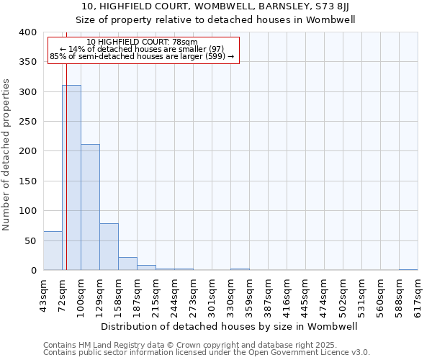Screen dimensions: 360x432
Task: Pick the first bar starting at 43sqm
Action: [x=53, y=251]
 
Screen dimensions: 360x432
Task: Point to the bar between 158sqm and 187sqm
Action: [x=127, y=264]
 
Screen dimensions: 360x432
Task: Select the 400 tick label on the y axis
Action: [x=27, y=32]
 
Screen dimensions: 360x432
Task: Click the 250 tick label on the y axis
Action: [x=27, y=122]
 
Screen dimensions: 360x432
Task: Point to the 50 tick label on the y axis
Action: [x=30, y=240]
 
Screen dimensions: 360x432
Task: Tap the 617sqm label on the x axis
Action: [x=418, y=295]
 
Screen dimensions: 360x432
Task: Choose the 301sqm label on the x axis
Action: [x=212, y=295]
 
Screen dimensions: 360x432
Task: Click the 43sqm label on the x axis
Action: [x=44, y=295]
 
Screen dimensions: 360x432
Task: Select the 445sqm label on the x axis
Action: [x=306, y=295]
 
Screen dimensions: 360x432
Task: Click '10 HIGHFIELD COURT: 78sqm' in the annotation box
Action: [x=142, y=42]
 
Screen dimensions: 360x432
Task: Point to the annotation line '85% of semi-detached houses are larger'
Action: [x=142, y=56]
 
